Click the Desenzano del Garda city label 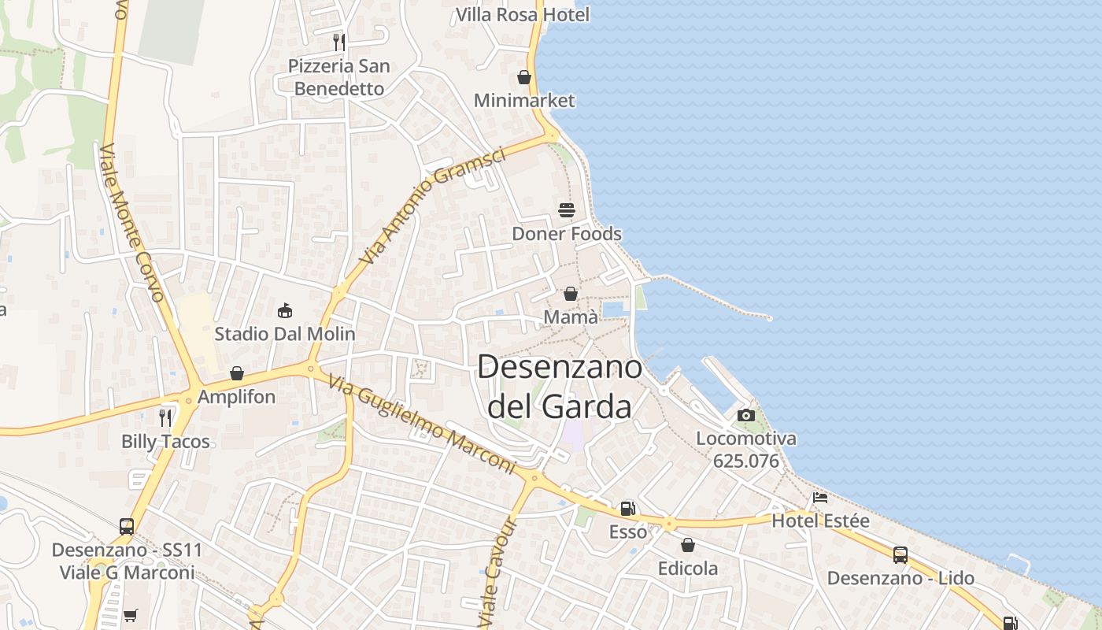559,387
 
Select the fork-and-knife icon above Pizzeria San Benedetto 339,42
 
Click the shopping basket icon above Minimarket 524,77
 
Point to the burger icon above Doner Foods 567,209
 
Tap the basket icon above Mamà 571,294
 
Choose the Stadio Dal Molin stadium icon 285,311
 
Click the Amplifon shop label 236,396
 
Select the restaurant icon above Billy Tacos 165,417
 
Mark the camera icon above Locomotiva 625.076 746,415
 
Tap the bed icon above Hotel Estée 820,498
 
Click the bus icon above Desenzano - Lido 900,554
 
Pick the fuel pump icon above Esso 627,509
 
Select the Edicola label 688,568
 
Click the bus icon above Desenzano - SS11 127,526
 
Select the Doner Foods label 567,234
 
